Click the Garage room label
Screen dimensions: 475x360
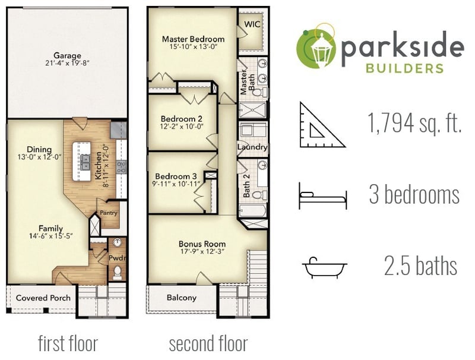[67, 56]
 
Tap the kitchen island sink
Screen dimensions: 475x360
[85, 162]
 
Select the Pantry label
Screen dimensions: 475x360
[109, 213]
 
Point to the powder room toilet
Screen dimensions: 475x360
[117, 273]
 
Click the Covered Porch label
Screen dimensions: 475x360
[43, 298]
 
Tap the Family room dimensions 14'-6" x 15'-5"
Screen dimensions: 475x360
[51, 236]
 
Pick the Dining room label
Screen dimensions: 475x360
[39, 149]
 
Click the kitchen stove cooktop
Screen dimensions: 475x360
[122, 167]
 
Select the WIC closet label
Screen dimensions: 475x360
[252, 24]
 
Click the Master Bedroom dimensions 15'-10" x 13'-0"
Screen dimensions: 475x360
[194, 46]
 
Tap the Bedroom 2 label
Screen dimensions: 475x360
[182, 119]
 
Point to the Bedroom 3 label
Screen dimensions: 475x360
[176, 176]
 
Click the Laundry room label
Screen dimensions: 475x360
[252, 147]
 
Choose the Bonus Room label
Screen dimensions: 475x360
[202, 244]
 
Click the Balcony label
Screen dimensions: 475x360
[182, 298]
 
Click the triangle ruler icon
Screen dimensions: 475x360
[322, 125]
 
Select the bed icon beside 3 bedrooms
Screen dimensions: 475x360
[323, 196]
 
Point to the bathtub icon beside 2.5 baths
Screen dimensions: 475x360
[325, 267]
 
